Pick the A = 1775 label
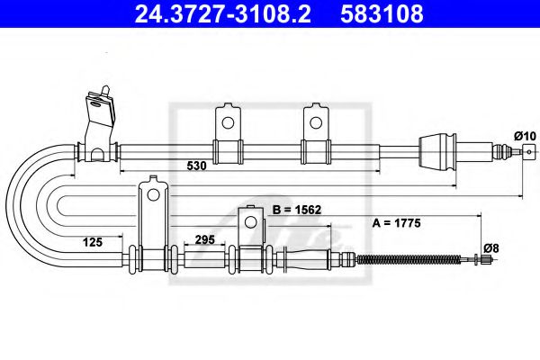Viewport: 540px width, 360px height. [x=397, y=220]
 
